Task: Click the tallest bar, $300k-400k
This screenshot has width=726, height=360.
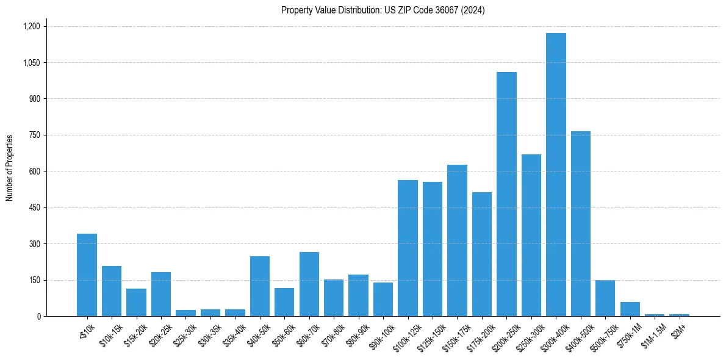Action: coord(556,175)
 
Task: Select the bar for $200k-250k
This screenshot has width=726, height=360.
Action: coord(506,194)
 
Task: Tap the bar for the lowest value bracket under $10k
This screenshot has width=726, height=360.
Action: coord(87,275)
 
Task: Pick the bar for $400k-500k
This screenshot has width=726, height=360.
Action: coord(580,223)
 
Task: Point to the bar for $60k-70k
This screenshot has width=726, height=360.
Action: coord(309,284)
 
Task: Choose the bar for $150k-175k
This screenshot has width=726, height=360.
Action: coord(457,240)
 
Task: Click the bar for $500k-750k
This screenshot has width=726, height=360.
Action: coord(605,298)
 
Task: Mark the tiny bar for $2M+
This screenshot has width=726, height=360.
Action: coord(679,315)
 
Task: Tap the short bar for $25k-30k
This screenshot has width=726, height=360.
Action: coord(185,313)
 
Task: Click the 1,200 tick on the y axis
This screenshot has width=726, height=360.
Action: coord(31,26)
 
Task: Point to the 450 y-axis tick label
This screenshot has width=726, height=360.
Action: coord(34,207)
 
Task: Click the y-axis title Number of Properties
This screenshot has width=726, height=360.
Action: coord(10,168)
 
